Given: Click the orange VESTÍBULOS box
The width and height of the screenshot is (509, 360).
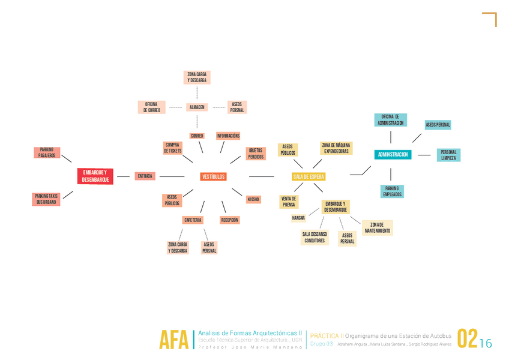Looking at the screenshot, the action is pos(213,176).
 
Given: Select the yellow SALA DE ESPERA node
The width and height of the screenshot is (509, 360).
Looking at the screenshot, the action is pos(309,176).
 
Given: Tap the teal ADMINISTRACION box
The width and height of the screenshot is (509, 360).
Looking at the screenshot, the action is pos(393,155).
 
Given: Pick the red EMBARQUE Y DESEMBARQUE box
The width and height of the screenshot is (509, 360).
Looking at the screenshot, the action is pos(95,176).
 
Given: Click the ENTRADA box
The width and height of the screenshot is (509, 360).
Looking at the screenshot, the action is pos(145,176).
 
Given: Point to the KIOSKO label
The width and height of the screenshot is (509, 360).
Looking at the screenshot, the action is pos(253,199).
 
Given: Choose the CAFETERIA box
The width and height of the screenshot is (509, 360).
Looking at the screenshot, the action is pos(193,220).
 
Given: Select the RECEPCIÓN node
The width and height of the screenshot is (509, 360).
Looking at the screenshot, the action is pos(230,220).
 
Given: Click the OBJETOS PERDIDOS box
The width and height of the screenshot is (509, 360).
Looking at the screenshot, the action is pos(256,153).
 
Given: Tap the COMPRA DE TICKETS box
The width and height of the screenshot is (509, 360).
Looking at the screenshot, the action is pos(173,148).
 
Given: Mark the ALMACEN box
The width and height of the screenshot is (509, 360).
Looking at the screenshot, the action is pos(197,107).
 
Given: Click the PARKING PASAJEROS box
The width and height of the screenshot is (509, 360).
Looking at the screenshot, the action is pos(47,152).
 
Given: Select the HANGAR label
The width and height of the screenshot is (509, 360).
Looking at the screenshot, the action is pos(298,218).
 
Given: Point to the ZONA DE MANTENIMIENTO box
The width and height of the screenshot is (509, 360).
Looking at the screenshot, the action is pos(377,227).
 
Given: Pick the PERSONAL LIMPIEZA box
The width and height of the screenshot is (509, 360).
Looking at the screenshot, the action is pos(448,155).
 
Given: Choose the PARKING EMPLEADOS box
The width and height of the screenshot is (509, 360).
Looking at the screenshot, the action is pos(393,191).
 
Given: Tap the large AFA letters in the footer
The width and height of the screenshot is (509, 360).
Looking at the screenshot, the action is pos(173,340).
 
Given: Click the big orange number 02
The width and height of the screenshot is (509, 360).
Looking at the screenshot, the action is pos(467,338).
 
